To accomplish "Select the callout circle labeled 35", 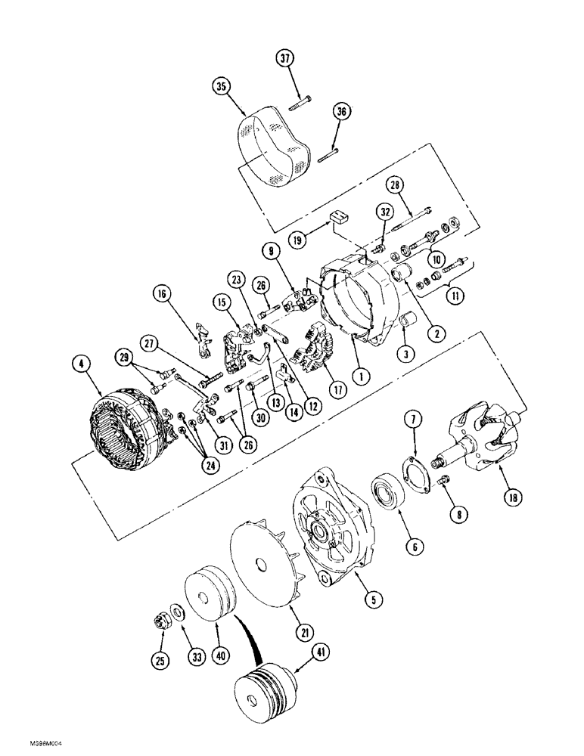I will (222, 87).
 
